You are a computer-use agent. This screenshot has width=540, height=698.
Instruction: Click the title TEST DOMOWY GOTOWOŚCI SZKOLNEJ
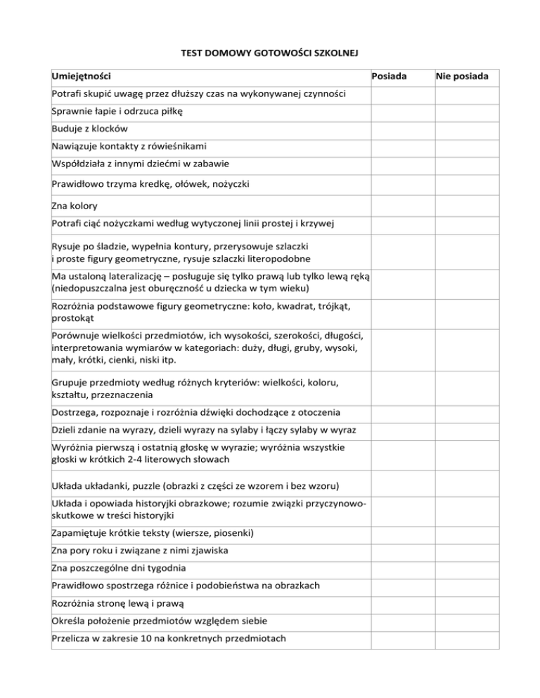tap(270, 52)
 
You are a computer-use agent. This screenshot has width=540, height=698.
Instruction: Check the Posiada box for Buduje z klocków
tap(402, 129)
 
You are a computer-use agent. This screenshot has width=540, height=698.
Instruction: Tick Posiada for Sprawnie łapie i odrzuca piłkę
tap(402, 112)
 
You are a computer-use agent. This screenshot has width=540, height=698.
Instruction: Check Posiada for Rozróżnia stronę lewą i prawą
tap(402, 603)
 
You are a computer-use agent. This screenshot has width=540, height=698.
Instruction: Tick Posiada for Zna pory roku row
tap(402, 550)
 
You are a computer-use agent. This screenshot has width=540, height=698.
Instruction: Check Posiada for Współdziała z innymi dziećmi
tap(402, 164)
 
